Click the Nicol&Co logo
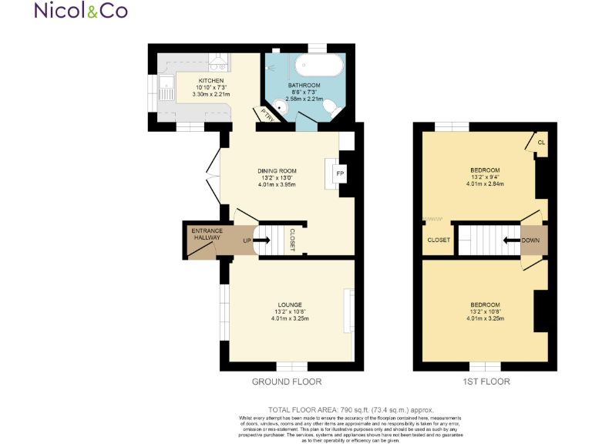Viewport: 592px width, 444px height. (81, 11)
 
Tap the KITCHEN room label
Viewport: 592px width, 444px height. (211, 81)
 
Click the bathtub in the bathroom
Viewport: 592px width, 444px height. (314, 66)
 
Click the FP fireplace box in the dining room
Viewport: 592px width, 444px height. (339, 173)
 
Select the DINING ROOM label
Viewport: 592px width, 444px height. (277, 171)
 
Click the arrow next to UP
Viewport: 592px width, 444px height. (261, 240)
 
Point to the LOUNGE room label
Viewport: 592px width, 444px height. (290, 304)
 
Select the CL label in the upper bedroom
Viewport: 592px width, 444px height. (541, 143)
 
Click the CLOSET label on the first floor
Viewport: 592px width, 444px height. (439, 240)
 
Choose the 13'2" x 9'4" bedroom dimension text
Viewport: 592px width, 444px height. (485, 177)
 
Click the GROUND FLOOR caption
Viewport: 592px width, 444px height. (287, 382)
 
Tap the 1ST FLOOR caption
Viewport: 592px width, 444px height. (485, 382)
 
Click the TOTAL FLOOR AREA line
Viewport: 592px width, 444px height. (351, 409)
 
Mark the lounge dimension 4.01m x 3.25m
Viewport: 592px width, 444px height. (290, 319)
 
